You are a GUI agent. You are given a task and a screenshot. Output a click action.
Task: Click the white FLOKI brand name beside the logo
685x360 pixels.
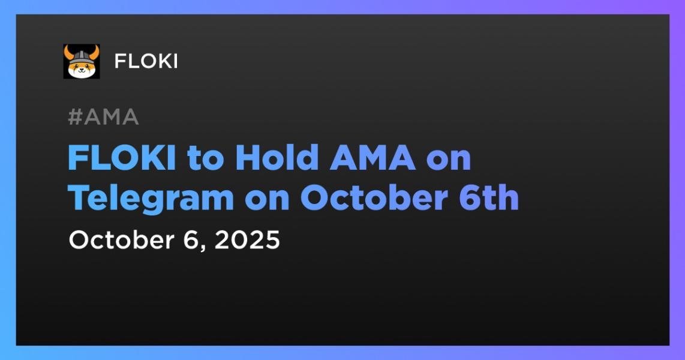tap(146, 62)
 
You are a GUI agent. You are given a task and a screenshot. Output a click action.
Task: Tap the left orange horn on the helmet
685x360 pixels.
tap(68, 52)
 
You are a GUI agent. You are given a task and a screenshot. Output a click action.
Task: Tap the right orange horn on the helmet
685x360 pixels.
tap(94, 52)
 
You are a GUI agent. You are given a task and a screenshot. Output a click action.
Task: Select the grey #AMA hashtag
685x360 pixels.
tap(104, 117)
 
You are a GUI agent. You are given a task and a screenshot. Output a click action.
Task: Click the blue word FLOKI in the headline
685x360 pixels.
tap(122, 158)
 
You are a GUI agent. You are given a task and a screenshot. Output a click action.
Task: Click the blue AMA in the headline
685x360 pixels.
tap(372, 158)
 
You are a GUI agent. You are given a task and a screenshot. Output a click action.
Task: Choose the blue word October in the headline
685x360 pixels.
tap(374, 197)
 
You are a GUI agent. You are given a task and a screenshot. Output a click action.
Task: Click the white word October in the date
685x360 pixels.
tap(121, 240)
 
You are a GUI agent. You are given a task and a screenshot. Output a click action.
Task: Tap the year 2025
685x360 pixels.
tap(247, 240)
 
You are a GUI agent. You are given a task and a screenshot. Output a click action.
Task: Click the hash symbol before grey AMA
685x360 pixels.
tap(75, 117)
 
